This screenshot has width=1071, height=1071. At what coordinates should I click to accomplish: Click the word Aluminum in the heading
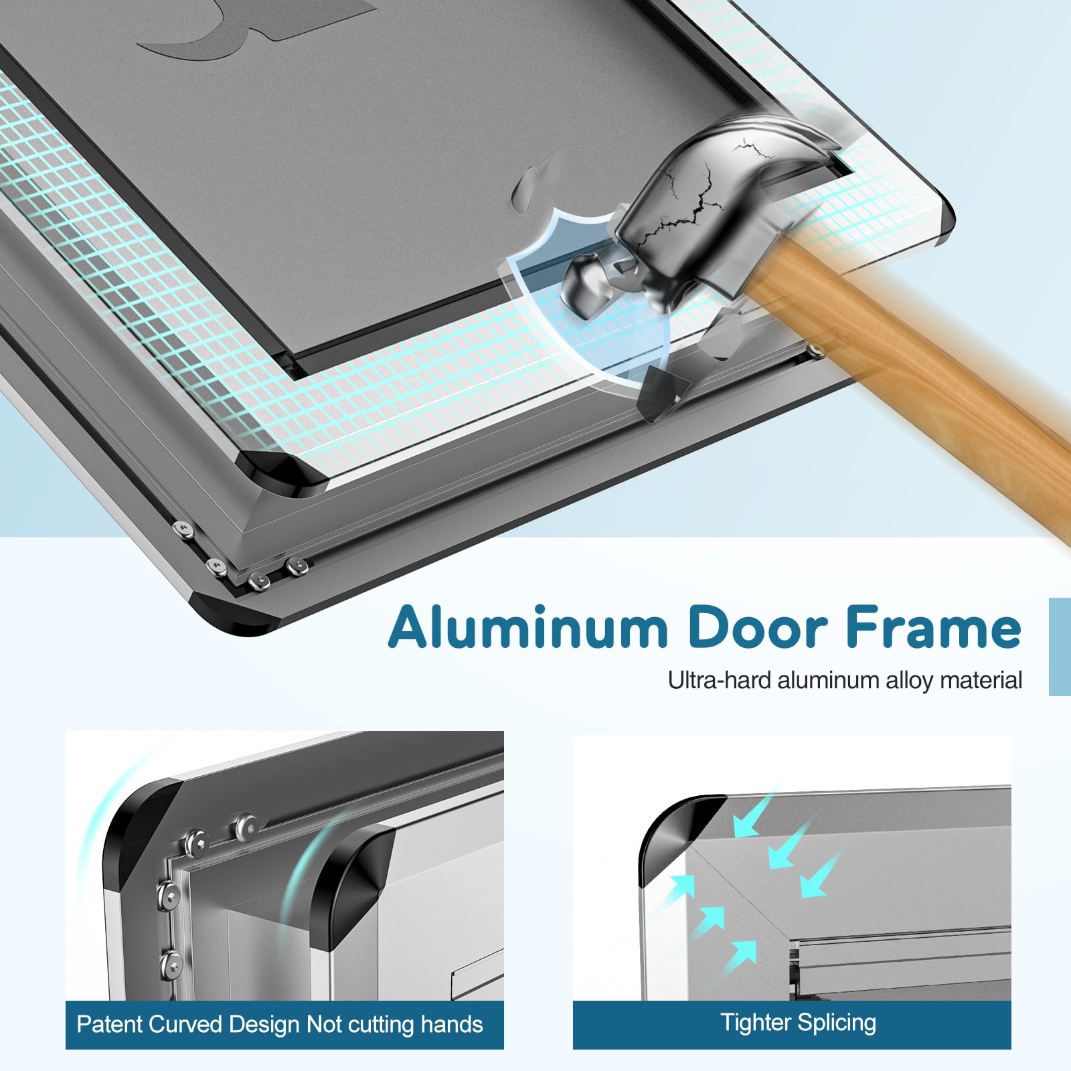(528, 628)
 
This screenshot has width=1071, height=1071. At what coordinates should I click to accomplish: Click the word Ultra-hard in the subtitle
(719, 681)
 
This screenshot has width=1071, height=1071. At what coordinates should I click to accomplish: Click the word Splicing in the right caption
(837, 1022)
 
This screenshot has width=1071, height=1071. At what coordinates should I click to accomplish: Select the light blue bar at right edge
(1060, 647)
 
